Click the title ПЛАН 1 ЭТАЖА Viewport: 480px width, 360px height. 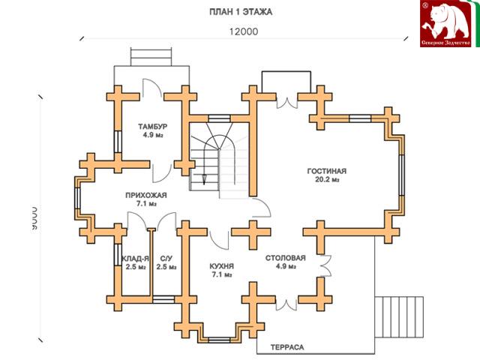pyautogui.click(x=240, y=13)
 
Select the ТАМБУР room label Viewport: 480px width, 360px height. pyautogui.click(x=152, y=125)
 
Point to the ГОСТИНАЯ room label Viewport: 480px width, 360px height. pyautogui.click(x=327, y=170)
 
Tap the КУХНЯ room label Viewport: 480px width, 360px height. pyautogui.click(x=222, y=265)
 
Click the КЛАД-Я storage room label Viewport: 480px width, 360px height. pyautogui.click(x=135, y=258)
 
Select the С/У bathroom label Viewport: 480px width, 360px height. pyautogui.click(x=166, y=258)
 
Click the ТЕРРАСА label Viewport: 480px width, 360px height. pyautogui.click(x=286, y=348)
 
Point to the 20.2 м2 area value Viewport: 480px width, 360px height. pyautogui.click(x=327, y=180)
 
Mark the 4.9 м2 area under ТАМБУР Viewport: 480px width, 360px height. pyautogui.click(x=152, y=136)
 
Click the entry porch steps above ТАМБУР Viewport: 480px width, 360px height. pyautogui.click(x=152, y=57)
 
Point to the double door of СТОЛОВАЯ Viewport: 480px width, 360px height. pyautogui.click(x=325, y=265)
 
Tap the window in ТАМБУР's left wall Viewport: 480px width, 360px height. pyautogui.click(x=118, y=142)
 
